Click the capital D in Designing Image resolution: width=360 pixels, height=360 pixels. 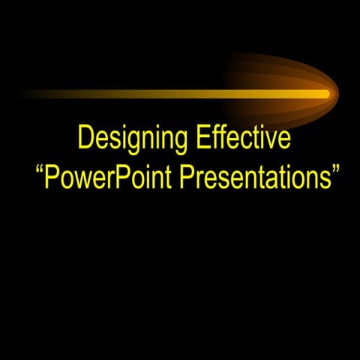[85, 140]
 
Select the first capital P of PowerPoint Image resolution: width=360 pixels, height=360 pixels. [54, 178]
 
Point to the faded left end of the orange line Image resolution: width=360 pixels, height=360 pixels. [26, 94]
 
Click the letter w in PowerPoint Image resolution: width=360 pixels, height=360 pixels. [82, 181]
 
